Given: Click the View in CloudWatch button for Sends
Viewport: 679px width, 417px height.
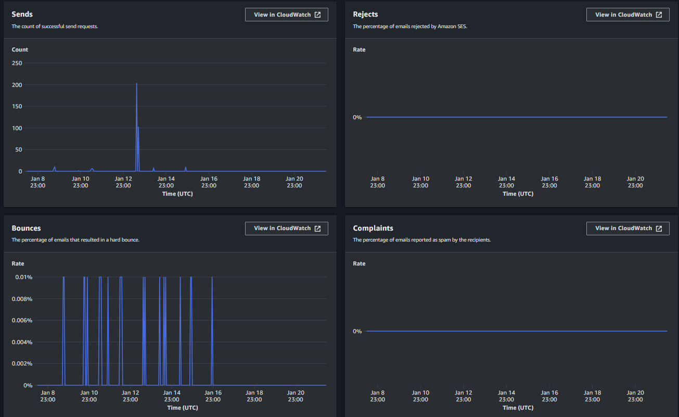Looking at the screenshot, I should [x=287, y=15].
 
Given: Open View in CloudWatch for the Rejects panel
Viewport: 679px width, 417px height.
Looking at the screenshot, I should [x=627, y=15].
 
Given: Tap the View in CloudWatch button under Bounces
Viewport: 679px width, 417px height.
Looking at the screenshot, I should [x=287, y=228].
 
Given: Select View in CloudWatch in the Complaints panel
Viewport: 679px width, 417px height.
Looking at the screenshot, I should [x=627, y=228].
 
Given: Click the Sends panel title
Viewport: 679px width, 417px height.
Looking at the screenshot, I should [x=22, y=14].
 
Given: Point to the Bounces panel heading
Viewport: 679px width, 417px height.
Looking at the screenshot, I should [x=26, y=228].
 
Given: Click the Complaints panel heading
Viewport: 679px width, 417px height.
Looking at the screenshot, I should [x=373, y=228].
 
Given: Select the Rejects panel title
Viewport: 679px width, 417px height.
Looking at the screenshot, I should [x=365, y=14].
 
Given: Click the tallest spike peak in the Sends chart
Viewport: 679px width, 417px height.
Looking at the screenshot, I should [x=136, y=84].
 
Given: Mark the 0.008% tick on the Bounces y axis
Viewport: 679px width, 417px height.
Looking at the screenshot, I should [x=23, y=299].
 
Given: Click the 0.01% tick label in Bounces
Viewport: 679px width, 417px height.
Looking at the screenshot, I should [x=24, y=277].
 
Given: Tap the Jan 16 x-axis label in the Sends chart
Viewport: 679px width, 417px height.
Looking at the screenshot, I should [x=209, y=182].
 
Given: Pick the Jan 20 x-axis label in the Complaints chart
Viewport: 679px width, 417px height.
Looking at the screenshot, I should [x=635, y=396].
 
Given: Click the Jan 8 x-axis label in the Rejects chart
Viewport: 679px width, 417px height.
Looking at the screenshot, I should [x=378, y=182].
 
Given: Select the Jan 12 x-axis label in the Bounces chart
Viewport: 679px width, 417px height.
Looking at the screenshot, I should [x=130, y=396].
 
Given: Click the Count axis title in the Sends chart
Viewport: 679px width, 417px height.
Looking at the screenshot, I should [x=20, y=49].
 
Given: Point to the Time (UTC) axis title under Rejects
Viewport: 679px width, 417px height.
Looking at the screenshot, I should [x=518, y=194].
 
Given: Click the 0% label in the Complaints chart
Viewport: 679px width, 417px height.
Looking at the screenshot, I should [x=357, y=331].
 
